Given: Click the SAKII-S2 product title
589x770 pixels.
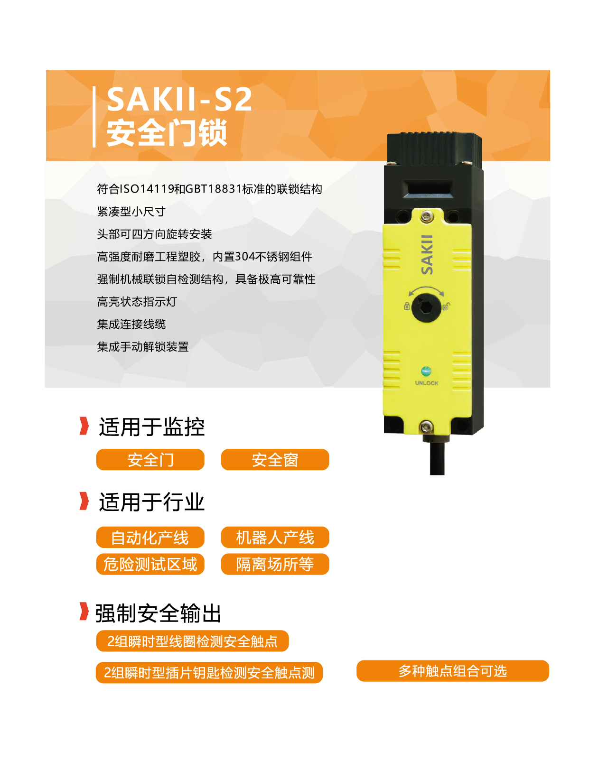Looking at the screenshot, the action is [x=179, y=100].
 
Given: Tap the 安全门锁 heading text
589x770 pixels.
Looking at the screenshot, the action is [x=167, y=132].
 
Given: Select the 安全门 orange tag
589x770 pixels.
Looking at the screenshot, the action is [x=150, y=459].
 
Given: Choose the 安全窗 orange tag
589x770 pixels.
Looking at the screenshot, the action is [x=275, y=459].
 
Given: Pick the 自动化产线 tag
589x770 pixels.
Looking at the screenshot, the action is [x=150, y=537].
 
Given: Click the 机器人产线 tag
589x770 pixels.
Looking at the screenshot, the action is [x=275, y=537].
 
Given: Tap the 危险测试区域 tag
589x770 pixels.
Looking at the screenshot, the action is [x=150, y=564].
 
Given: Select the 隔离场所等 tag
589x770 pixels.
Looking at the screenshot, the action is [x=275, y=564].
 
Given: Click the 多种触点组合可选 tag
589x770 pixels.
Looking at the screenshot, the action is [x=452, y=671].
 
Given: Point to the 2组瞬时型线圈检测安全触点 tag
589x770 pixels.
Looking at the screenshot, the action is [x=192, y=641].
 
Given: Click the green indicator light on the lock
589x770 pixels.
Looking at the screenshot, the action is [x=426, y=371].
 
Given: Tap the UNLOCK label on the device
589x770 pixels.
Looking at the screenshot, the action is [x=427, y=383].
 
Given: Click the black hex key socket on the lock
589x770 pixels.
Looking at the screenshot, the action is [x=426, y=308].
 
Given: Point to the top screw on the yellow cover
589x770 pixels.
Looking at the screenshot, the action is [x=427, y=216].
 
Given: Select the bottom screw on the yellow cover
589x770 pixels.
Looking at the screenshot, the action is [x=426, y=427].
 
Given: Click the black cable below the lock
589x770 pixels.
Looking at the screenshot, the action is [x=437, y=458].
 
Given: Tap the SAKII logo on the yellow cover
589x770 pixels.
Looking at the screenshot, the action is [x=427, y=255].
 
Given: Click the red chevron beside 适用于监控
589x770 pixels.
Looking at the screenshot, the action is [x=84, y=426].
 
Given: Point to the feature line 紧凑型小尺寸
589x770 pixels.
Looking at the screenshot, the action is [x=131, y=212].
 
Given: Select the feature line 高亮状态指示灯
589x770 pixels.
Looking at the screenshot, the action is [x=137, y=302].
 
